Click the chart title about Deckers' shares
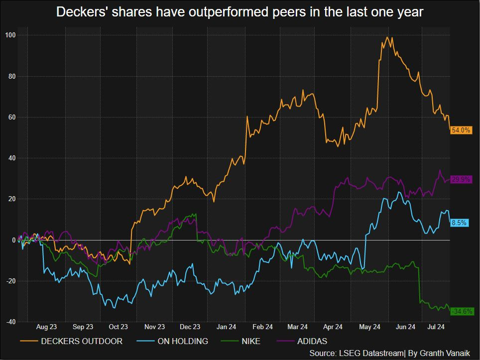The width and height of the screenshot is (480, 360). (240, 12)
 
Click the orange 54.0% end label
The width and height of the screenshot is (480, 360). (461, 130)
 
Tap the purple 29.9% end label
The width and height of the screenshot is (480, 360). (461, 179)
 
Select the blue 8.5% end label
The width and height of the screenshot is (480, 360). (459, 223)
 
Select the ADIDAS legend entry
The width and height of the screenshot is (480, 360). (310, 342)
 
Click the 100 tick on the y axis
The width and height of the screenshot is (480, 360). (10, 35)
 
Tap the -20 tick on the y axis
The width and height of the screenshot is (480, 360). (10, 281)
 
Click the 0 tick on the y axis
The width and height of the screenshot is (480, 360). (14, 240)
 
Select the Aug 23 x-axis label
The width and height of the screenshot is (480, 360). (47, 327)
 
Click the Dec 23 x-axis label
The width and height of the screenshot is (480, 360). (190, 327)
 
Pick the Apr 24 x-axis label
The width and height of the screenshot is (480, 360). (333, 327)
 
